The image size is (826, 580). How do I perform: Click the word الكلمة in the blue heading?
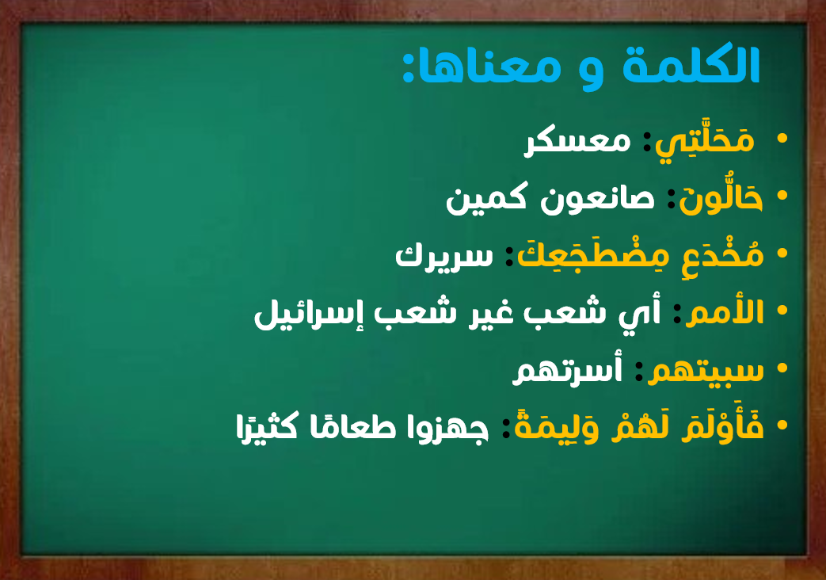pyautogui.click(x=691, y=66)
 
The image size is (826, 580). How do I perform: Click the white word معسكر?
pyautogui.click(x=577, y=141)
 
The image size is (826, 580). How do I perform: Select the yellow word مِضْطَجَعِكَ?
pyautogui.click(x=593, y=256)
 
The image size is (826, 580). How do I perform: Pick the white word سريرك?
pyautogui.click(x=444, y=256)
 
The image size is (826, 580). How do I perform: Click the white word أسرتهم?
pyautogui.click(x=567, y=371)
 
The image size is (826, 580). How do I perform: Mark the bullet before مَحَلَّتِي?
pyautogui.click(x=782, y=139)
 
